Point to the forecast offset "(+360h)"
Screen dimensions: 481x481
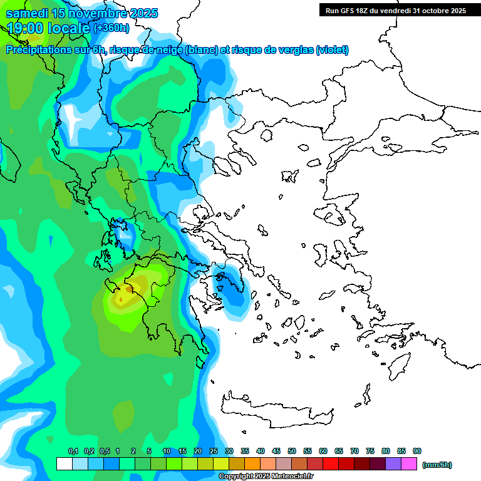pyautogui.click(x=111, y=28)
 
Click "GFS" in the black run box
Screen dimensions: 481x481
pyautogui.click(x=352, y=11)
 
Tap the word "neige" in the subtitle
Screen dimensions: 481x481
pyautogui.click(x=167, y=50)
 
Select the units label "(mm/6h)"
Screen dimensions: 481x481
pyautogui.click(x=437, y=465)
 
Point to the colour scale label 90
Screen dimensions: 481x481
pyautogui.click(x=417, y=451)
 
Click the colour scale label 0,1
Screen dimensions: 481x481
pyautogui.click(x=73, y=451)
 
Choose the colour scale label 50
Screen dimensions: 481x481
pyautogui.click(x=292, y=451)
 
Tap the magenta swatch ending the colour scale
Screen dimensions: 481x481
pyautogui.click(x=410, y=464)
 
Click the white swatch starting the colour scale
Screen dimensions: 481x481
pyautogui.click(x=64, y=464)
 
